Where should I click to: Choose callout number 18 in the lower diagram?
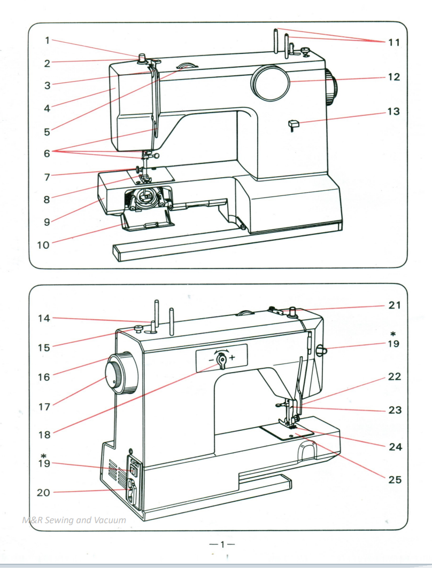click(x=44, y=435)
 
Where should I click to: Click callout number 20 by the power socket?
click(x=44, y=493)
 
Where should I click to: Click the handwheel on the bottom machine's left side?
click(x=119, y=372)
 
